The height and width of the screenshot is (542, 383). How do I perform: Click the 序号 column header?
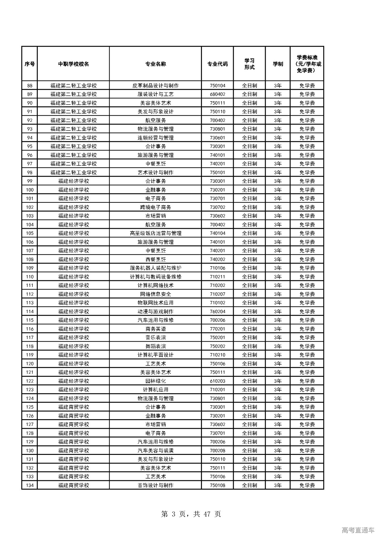(x=30, y=64)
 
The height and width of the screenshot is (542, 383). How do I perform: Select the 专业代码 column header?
(x=218, y=64)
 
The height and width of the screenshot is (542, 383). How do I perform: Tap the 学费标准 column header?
(x=307, y=64)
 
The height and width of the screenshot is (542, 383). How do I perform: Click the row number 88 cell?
(x=30, y=86)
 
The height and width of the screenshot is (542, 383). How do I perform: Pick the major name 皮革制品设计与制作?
(x=156, y=86)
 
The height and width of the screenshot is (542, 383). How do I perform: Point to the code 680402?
(x=218, y=94)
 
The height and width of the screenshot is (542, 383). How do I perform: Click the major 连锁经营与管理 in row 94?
(x=156, y=138)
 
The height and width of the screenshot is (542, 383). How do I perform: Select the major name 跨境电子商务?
(x=156, y=207)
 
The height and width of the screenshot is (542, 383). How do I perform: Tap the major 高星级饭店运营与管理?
(x=156, y=233)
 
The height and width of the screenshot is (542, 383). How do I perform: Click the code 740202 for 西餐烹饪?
(x=218, y=259)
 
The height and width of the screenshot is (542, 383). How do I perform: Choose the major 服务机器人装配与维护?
(x=156, y=268)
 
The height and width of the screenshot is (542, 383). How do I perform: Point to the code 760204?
(x=218, y=311)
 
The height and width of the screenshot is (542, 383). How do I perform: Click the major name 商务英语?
(x=156, y=329)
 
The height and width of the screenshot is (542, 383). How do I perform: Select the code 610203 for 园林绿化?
(x=218, y=381)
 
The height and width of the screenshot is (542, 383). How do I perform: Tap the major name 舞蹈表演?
(x=156, y=346)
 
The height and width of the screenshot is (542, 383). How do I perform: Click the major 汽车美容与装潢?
(x=156, y=450)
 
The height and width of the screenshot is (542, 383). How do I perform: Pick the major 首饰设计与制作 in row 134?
(x=156, y=485)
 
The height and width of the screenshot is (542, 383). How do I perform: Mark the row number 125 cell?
(x=30, y=407)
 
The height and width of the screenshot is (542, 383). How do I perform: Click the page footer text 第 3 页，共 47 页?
(x=191, y=514)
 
